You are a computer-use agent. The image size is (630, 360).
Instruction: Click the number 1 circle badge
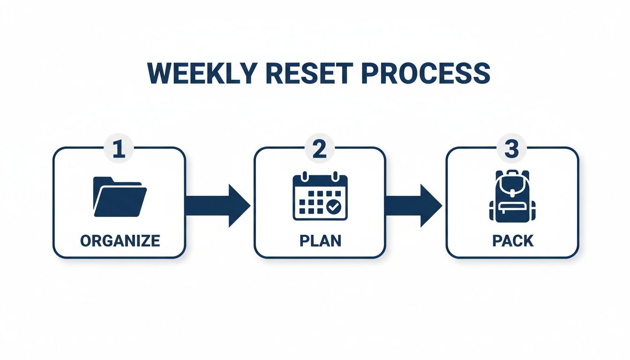pyautogui.click(x=119, y=150)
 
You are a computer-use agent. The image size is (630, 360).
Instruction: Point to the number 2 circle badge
pyautogui.click(x=319, y=150)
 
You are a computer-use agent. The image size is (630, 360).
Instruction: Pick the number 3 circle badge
pyautogui.click(x=511, y=150)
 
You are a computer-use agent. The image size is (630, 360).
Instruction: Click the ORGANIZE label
pyautogui.click(x=120, y=241)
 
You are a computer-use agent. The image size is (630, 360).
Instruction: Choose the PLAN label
pyautogui.click(x=320, y=241)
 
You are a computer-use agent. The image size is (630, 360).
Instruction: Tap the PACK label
pyautogui.click(x=513, y=241)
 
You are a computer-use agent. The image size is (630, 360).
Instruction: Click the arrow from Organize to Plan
pyautogui.click(x=217, y=205)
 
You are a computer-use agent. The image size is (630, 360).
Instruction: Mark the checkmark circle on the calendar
pyautogui.click(x=334, y=206)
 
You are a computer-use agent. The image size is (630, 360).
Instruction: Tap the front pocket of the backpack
pyautogui.click(x=511, y=211)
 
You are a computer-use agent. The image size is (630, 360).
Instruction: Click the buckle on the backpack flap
pyautogui.click(x=511, y=193)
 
